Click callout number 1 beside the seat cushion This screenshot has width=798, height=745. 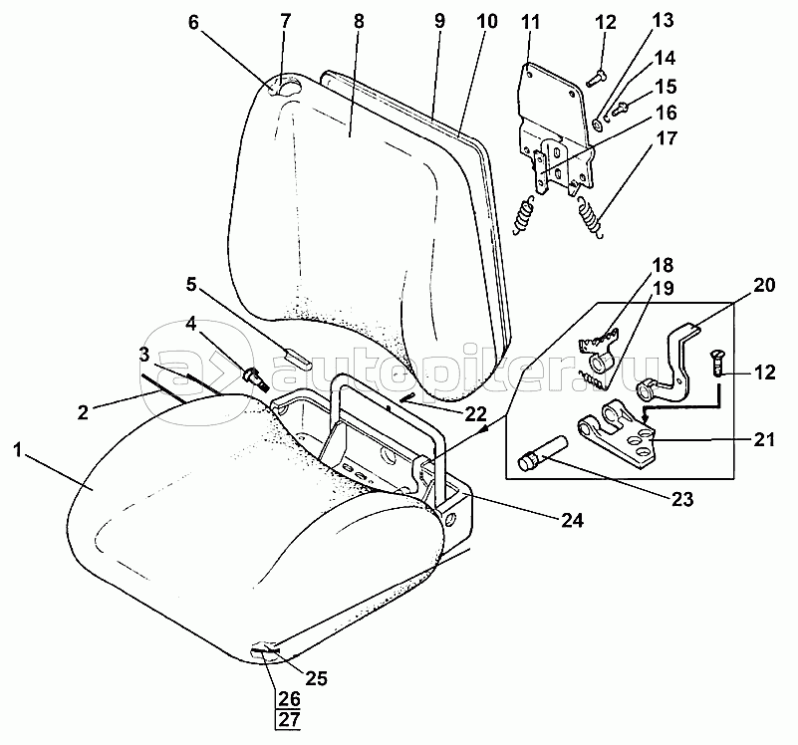[18, 450]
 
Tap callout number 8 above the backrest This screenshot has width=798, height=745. [359, 21]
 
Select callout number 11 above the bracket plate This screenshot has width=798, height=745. [530, 22]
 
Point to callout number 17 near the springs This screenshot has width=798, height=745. [667, 138]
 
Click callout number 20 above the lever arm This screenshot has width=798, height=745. [763, 285]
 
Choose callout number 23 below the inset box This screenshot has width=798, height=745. [682, 499]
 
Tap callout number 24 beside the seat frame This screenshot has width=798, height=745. [572, 520]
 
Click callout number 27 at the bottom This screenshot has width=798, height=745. [289, 720]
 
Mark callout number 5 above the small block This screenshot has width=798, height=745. [191, 285]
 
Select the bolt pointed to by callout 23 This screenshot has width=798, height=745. [541, 449]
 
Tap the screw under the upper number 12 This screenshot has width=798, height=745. [596, 79]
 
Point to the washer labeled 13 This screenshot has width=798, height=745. [598, 123]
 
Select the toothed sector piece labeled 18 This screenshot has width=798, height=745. [598, 340]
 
